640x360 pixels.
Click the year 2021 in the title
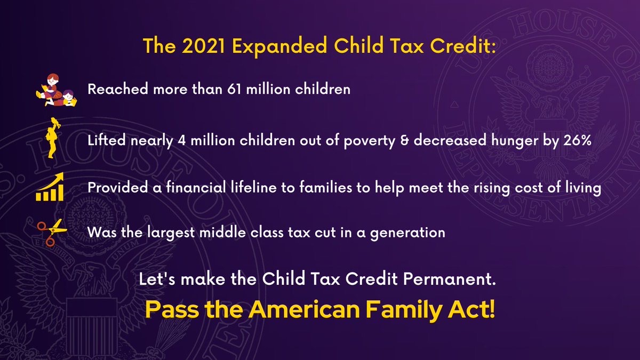(204, 46)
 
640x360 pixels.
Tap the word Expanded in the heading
(279, 47)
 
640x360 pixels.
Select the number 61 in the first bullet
(234, 89)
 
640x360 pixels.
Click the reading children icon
(57, 90)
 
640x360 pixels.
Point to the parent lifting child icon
(52, 138)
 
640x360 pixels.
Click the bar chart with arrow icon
(50, 187)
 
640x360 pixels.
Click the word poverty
(370, 141)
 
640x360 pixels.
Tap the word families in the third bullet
(326, 187)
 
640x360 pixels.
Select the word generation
(407, 233)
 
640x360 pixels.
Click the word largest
(171, 233)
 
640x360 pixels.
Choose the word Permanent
(450, 278)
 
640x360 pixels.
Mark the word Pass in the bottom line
(172, 309)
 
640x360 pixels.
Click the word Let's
(157, 278)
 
